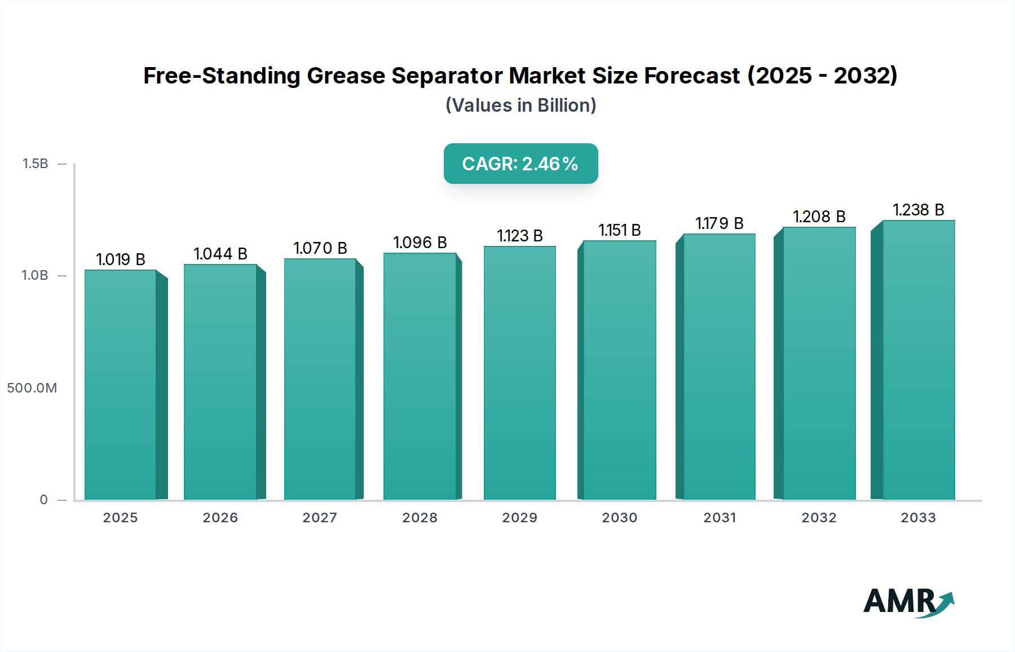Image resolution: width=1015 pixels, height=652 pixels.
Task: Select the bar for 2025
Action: click(x=121, y=385)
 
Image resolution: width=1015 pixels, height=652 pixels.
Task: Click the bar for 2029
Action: click(x=519, y=373)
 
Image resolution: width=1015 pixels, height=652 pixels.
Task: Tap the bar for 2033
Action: click(x=919, y=360)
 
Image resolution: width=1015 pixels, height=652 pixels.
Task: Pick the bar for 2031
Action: click(x=719, y=367)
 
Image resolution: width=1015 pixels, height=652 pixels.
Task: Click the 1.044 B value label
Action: click(x=220, y=254)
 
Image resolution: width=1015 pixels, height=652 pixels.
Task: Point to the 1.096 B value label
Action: click(x=420, y=243)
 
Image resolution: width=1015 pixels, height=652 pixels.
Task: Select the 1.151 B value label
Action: click(x=620, y=230)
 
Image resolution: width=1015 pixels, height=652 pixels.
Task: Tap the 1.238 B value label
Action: click(x=919, y=210)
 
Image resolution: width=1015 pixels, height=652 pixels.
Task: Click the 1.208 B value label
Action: click(x=819, y=217)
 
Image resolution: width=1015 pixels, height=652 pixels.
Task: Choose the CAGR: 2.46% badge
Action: click(x=520, y=164)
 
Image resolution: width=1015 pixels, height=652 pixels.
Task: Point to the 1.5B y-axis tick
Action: click(x=36, y=164)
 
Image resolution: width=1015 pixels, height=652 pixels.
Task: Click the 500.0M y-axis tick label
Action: click(x=32, y=388)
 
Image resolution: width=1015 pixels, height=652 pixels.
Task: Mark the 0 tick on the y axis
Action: click(x=44, y=500)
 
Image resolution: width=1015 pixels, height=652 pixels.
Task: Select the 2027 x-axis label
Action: click(x=320, y=518)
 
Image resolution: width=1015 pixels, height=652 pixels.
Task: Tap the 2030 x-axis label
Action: click(x=619, y=518)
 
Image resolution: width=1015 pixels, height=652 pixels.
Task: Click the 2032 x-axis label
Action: click(x=819, y=518)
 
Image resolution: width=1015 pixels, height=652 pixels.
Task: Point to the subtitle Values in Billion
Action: click(x=520, y=105)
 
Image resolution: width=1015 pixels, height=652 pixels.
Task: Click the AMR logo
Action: click(x=908, y=602)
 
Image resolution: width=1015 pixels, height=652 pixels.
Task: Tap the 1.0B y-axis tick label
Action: click(x=35, y=275)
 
